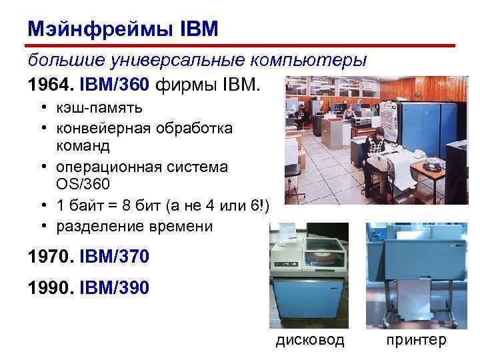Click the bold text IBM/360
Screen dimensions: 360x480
[114, 85]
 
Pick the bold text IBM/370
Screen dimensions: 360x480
[114, 255]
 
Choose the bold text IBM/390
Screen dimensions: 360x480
[114, 289]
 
